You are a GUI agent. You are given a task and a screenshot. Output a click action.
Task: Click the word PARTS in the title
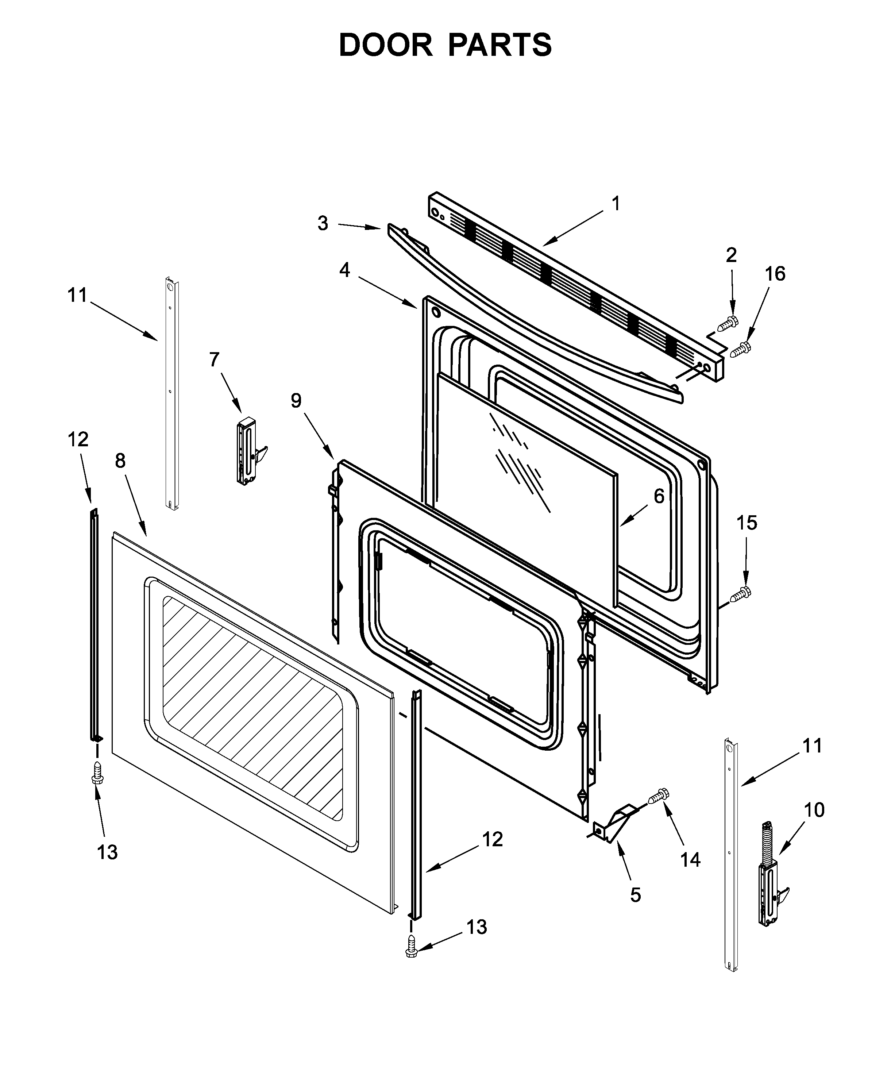coord(500,46)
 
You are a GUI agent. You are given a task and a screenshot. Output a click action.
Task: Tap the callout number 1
coord(616,204)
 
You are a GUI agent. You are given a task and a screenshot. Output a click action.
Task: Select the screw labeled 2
coord(729,323)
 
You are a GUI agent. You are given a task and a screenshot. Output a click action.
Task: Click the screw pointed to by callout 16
coord(741,350)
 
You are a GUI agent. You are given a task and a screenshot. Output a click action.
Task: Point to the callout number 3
coord(323,223)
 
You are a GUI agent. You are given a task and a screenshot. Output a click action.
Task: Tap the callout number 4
coord(344,270)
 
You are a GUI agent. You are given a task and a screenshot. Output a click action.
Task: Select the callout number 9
coord(296,400)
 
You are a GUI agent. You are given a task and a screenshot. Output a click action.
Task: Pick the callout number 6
coord(659,496)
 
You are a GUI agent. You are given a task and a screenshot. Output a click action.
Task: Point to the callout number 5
coord(635,895)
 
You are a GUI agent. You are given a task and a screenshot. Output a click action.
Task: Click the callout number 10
coord(814,810)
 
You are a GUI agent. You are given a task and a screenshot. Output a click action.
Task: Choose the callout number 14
coord(690,860)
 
